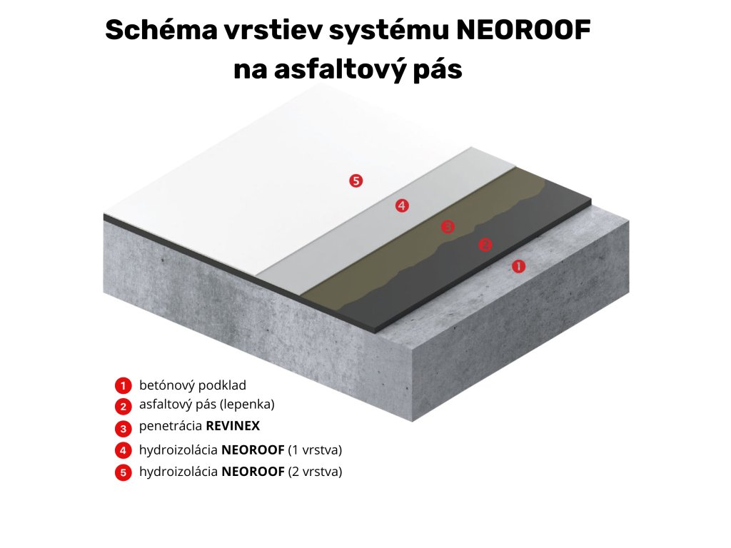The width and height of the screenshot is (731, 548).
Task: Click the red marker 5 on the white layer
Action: tap(356, 181)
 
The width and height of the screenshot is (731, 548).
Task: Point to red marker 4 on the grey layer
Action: tap(402, 205)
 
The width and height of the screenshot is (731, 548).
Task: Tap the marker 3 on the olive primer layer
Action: tap(448, 227)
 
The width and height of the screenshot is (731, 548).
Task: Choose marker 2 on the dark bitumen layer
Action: tap(485, 245)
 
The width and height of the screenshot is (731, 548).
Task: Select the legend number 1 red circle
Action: tap(123, 386)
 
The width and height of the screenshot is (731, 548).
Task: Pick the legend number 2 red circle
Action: tap(123, 406)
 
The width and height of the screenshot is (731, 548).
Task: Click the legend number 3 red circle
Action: tap(123, 428)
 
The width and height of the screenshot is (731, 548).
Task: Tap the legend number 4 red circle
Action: tap(123, 451)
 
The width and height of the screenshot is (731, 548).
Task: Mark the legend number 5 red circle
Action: tap(123, 472)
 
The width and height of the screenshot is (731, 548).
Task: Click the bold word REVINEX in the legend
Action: tap(233, 427)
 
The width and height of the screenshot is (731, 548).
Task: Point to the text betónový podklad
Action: tap(193, 385)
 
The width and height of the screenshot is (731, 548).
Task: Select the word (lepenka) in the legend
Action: tap(247, 404)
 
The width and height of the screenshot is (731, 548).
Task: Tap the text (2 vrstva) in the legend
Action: tap(315, 472)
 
